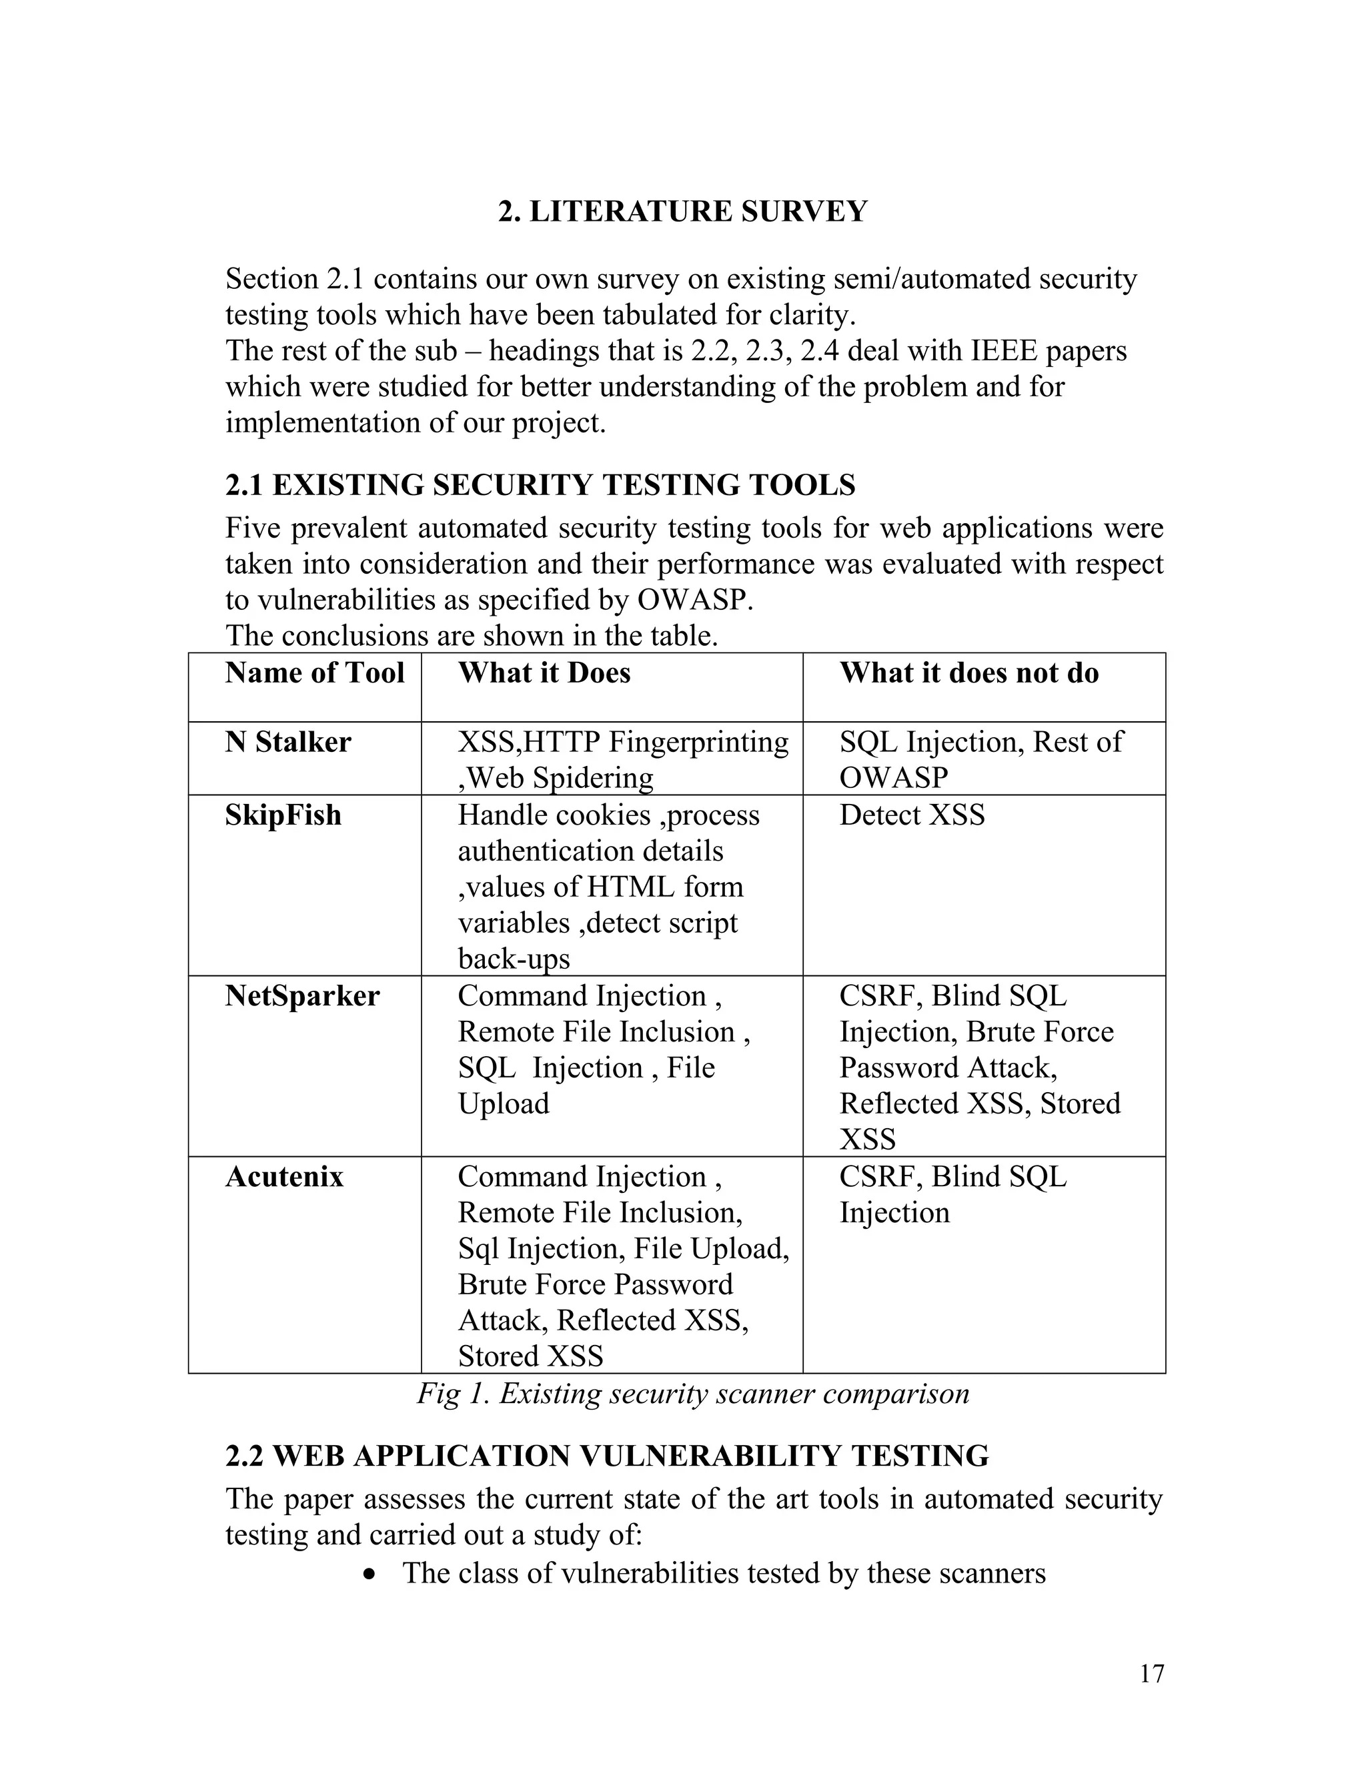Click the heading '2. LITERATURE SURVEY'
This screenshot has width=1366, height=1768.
[x=682, y=211]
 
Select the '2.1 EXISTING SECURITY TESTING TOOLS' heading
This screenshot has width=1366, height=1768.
[x=540, y=485]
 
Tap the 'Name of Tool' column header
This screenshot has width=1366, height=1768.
[x=314, y=673]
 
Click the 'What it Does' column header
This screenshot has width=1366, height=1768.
[x=544, y=673]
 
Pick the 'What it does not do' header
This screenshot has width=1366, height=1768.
[x=968, y=673]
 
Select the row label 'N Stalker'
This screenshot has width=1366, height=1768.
[x=288, y=743]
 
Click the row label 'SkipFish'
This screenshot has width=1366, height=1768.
[x=283, y=815]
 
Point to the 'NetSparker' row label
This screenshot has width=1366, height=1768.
[x=302, y=995]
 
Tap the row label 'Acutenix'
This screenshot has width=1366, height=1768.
[x=284, y=1176]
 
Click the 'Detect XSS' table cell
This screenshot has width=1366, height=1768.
[x=912, y=815]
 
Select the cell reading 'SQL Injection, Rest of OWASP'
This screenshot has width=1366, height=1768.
[x=980, y=759]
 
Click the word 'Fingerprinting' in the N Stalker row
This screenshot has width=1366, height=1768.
[x=698, y=743]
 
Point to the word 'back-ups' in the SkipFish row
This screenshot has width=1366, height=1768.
[x=514, y=959]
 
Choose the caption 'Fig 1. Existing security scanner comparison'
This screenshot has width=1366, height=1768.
[x=693, y=1394]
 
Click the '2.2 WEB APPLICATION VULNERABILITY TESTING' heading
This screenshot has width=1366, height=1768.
[x=607, y=1456]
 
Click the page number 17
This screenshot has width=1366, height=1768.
[x=1151, y=1673]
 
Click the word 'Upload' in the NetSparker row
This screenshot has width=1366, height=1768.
[x=504, y=1104]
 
